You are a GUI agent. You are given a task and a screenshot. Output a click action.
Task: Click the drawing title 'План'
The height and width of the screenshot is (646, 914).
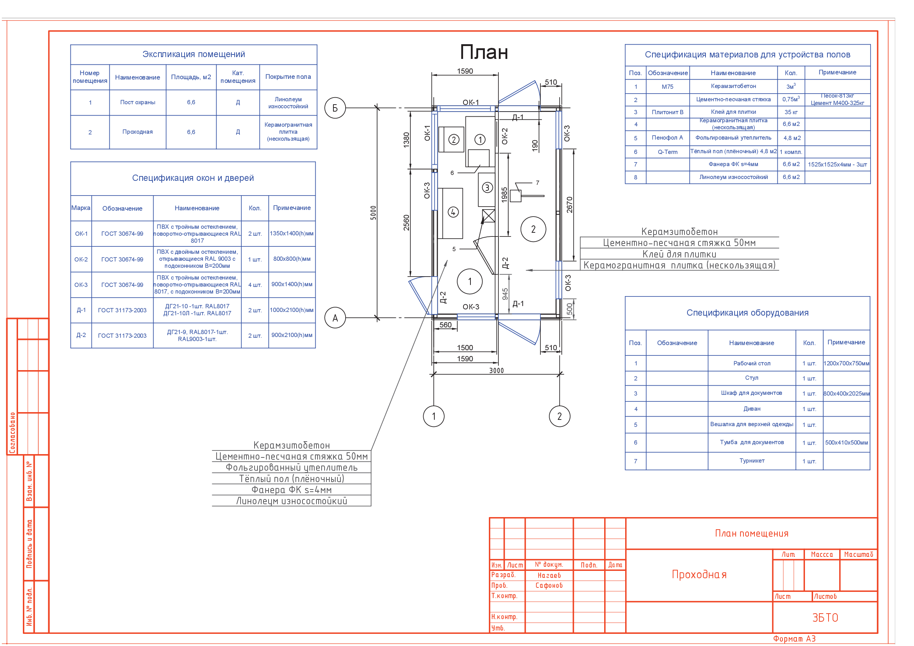click(x=484, y=52)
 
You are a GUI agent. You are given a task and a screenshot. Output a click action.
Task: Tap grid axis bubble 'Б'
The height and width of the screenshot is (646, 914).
click(x=335, y=108)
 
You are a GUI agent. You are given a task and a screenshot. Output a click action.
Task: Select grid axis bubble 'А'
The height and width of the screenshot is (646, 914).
click(x=335, y=317)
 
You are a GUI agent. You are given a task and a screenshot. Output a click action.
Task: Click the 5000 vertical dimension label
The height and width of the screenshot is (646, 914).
click(x=373, y=213)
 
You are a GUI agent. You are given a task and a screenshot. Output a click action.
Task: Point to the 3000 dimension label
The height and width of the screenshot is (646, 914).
click(x=496, y=371)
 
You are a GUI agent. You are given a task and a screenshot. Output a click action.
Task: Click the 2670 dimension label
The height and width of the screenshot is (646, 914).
click(x=569, y=204)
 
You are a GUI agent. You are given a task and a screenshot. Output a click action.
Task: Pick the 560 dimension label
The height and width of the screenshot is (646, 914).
click(x=445, y=325)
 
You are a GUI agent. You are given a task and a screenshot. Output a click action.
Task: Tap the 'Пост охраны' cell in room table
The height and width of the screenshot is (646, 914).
click(x=138, y=102)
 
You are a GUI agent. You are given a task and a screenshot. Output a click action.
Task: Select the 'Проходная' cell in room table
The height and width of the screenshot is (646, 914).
click(x=137, y=132)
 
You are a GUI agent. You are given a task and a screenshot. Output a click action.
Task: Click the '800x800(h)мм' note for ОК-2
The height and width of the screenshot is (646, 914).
click(x=292, y=259)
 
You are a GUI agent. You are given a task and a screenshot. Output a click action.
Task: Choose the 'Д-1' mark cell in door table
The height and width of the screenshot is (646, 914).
click(x=81, y=310)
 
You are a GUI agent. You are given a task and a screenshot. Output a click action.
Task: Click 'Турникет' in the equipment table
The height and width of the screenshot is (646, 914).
click(x=752, y=460)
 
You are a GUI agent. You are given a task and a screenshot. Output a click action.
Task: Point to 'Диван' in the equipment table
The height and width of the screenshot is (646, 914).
click(x=752, y=409)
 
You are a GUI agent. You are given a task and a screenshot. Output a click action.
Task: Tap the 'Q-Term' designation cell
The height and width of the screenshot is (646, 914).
click(x=667, y=152)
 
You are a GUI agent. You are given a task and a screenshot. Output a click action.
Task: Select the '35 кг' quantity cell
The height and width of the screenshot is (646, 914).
click(x=791, y=112)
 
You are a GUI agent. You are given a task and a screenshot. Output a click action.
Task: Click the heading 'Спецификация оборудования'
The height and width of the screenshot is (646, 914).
click(x=747, y=313)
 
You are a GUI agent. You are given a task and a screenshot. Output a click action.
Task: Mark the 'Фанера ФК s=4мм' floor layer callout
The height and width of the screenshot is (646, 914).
click(x=291, y=490)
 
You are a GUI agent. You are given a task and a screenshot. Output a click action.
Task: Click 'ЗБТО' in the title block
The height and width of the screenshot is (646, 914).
click(x=825, y=618)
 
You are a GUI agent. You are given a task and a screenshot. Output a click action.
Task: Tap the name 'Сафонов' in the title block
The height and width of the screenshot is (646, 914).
click(x=549, y=586)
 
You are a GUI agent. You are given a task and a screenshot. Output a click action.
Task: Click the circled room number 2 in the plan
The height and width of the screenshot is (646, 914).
click(x=533, y=229)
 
